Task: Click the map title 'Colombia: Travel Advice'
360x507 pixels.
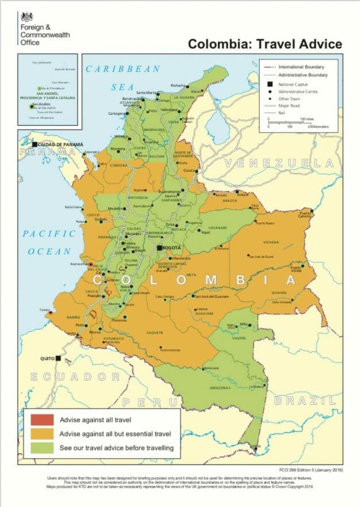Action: [265, 44]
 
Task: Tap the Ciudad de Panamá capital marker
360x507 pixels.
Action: [35, 144]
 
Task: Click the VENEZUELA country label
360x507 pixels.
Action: [279, 164]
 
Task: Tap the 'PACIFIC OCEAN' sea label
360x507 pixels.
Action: [49, 242]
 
